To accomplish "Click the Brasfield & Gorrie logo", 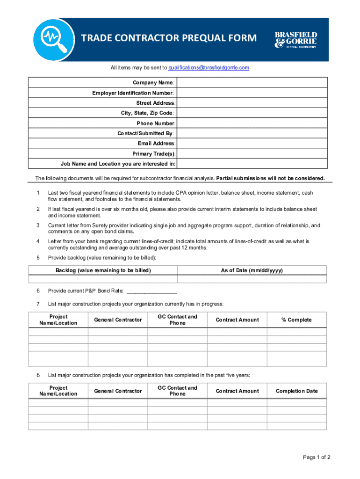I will click(295, 40).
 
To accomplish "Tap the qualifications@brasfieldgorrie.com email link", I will click(209, 68).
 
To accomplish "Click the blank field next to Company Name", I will click(252, 83).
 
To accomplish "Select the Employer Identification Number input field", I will click(252, 93).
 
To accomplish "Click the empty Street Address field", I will click(252, 103).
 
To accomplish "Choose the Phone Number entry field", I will click(252, 123).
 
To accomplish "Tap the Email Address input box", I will click(252, 144).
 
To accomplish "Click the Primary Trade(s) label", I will click(154, 154).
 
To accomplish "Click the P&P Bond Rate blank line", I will click(151, 291).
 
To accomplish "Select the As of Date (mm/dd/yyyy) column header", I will click(252, 270).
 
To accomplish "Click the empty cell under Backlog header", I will click(103, 279).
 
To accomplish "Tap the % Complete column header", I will click(296, 320).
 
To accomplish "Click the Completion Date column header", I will click(296, 391).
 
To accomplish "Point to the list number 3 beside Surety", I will click(38, 226).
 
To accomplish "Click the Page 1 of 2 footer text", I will click(317, 457).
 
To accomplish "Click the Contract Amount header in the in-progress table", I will click(237, 320).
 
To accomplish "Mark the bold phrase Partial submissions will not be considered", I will click(270, 178).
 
